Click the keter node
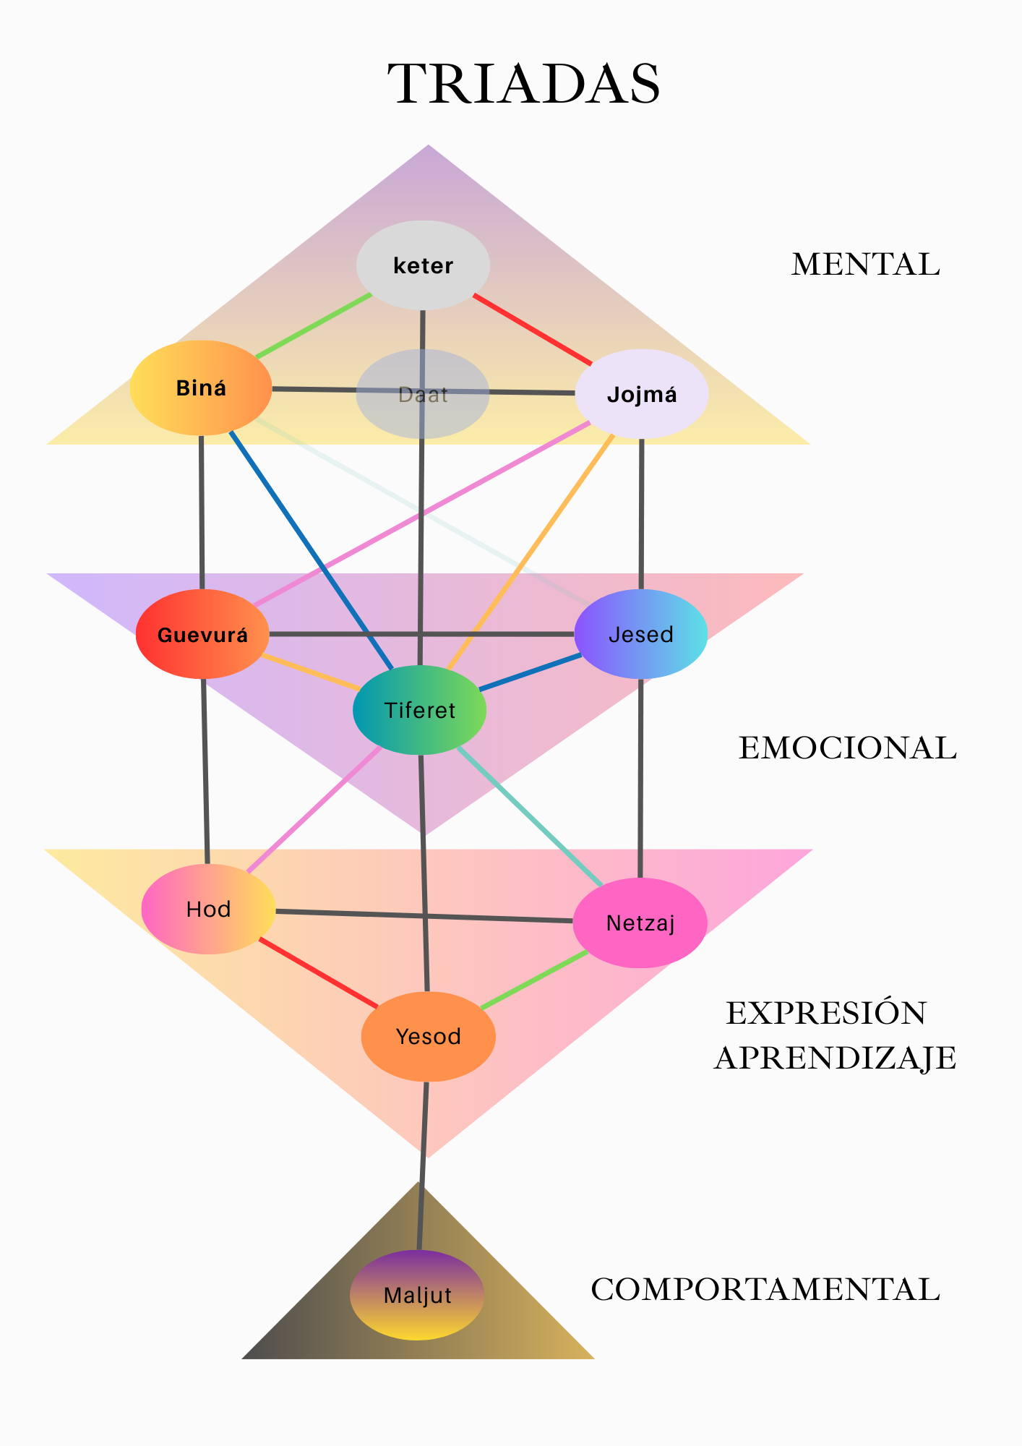(423, 265)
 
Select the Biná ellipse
(201, 388)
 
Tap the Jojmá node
(641, 394)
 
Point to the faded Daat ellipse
(423, 395)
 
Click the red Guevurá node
(202, 635)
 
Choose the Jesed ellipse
(641, 634)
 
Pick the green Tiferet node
(419, 710)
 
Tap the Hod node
(208, 909)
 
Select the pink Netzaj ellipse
(640, 923)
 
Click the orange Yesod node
(428, 1036)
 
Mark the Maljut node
(417, 1295)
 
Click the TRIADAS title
(524, 84)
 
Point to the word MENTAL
(865, 265)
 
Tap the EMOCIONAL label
(847, 748)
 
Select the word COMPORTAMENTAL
(765, 1290)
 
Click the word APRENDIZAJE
(835, 1058)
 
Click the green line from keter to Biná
(313, 327)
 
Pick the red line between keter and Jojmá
(533, 330)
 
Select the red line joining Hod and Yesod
(318, 972)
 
